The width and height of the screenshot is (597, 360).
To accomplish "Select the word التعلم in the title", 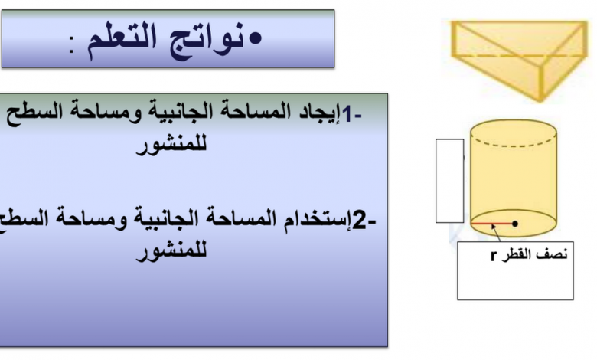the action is (122, 38).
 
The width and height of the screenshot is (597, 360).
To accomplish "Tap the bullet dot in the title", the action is (255, 38).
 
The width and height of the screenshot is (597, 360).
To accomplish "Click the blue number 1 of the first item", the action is (347, 114).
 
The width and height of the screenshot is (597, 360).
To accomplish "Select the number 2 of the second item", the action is (360, 221).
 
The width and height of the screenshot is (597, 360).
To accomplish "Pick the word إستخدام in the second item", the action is (318, 220).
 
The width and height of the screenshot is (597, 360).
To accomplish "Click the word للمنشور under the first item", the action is (171, 145).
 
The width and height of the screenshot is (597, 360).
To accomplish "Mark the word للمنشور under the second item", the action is (171, 252).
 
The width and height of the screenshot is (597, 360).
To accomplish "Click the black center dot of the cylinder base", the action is (515, 224).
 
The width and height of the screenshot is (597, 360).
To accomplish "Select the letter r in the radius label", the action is (494, 255).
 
